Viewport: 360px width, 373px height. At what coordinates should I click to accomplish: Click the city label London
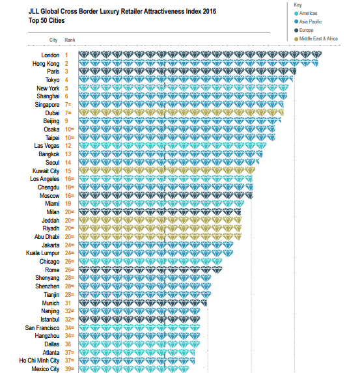click(50, 55)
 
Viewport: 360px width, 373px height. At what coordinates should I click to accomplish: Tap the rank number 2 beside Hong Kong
click(66, 64)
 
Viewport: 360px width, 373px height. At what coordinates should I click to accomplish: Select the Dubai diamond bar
click(181, 113)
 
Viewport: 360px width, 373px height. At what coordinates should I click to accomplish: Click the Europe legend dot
click(296, 30)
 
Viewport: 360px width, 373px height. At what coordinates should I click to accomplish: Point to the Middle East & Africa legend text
click(318, 38)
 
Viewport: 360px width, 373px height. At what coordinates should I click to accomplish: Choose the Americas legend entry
click(306, 13)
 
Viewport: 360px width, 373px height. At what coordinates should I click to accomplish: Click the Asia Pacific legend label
click(311, 21)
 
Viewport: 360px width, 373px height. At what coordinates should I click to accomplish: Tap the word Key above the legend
click(298, 5)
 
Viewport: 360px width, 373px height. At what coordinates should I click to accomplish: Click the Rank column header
click(70, 40)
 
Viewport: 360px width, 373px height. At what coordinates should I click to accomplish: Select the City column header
click(53, 40)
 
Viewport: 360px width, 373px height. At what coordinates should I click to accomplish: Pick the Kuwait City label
click(46, 171)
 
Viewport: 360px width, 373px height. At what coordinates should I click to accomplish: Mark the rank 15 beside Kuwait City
click(68, 171)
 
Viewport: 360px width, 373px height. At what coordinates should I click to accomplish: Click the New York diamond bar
click(184, 88)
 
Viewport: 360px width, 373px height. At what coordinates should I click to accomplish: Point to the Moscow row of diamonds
click(165, 195)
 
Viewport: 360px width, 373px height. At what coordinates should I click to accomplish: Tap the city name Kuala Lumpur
click(42, 253)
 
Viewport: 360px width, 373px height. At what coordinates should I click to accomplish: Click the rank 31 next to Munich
click(68, 303)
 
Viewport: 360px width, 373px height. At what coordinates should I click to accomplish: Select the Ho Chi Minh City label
click(39, 361)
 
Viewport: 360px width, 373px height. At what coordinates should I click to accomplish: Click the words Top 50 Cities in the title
click(47, 20)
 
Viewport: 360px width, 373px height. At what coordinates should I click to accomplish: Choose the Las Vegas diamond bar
click(173, 145)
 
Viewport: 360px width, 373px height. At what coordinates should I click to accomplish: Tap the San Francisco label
click(42, 328)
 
